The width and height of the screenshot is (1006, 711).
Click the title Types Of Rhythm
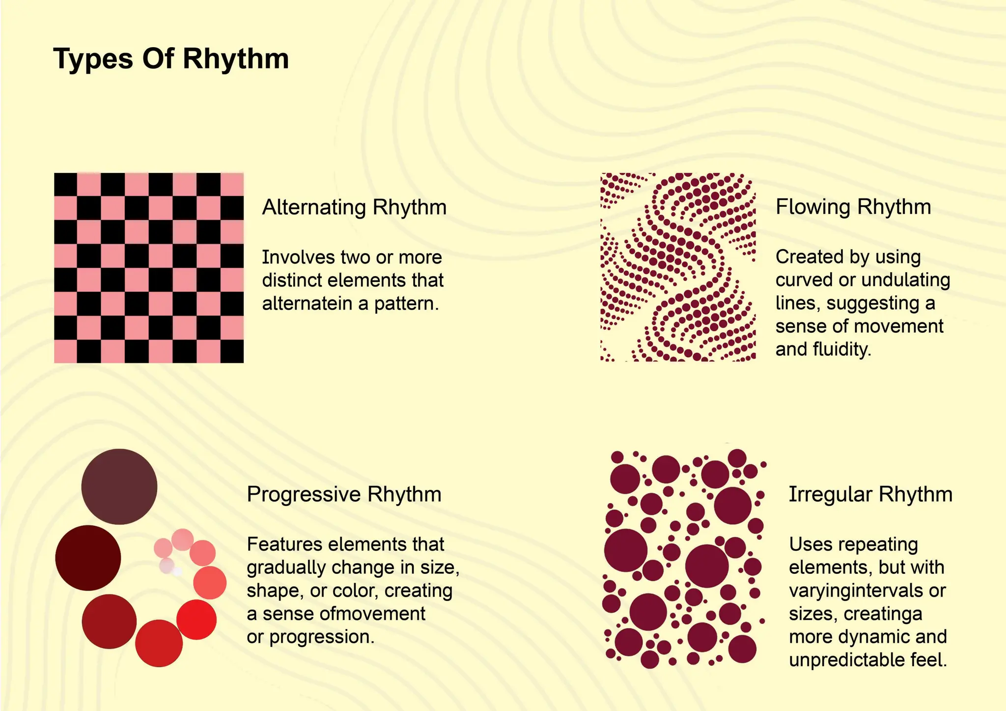pyautogui.click(x=170, y=59)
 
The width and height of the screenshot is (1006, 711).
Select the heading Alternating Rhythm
pyautogui.click(x=354, y=207)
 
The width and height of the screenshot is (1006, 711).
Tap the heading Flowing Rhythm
pyautogui.click(x=853, y=206)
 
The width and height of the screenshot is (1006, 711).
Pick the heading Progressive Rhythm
pyautogui.click(x=344, y=494)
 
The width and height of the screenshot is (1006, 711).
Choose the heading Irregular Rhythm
pyautogui.click(x=870, y=494)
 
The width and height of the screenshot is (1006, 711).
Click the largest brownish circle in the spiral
pyautogui.click(x=119, y=486)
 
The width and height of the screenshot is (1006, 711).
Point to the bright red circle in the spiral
pyautogui.click(x=196, y=620)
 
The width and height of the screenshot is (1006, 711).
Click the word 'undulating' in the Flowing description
pyautogui.click(x=906, y=280)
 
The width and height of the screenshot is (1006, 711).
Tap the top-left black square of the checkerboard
pyautogui.click(x=65, y=184)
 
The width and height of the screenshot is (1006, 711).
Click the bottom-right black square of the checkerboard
pyautogui.click(x=232, y=351)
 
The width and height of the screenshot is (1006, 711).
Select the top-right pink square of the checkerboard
pyautogui.click(x=232, y=184)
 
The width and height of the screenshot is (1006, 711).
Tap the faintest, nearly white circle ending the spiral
pyautogui.click(x=177, y=571)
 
